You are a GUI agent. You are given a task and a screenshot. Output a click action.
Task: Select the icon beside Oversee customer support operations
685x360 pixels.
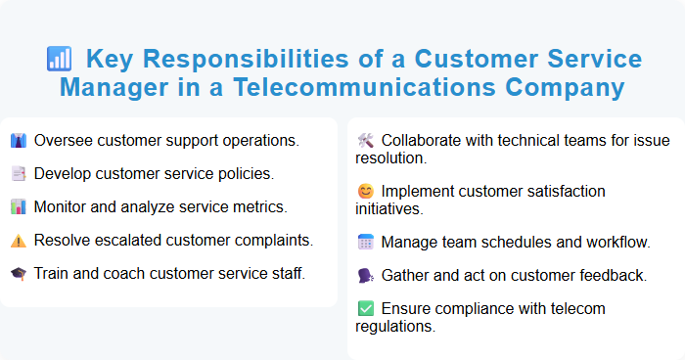19,141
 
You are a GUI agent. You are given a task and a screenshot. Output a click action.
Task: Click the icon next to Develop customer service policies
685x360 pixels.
19,174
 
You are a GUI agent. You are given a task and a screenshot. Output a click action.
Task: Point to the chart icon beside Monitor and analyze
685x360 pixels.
19,207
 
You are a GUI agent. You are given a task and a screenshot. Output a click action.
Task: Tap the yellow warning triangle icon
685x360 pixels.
19,241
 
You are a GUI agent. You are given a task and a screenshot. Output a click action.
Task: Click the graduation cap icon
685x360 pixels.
19,274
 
